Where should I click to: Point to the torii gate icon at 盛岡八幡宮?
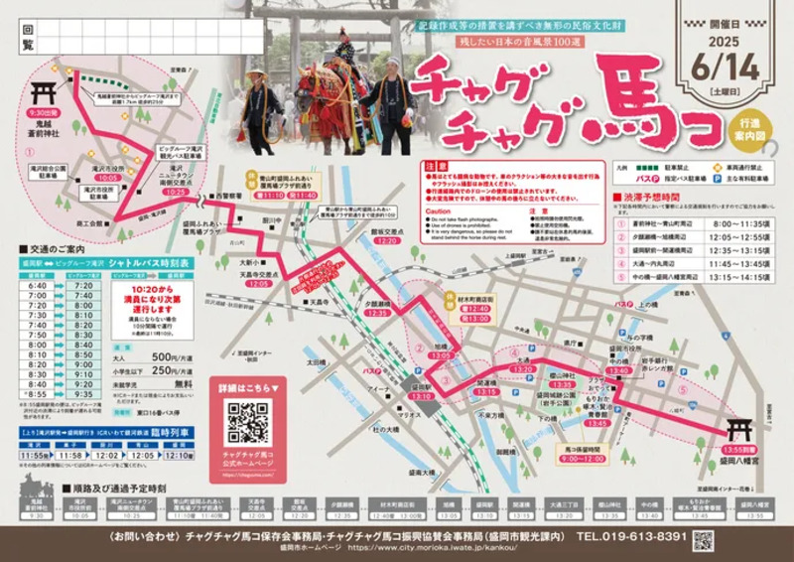tap(741, 431)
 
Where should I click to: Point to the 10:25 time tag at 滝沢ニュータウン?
tap(177, 189)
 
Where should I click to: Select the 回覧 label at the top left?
tap(27, 38)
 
